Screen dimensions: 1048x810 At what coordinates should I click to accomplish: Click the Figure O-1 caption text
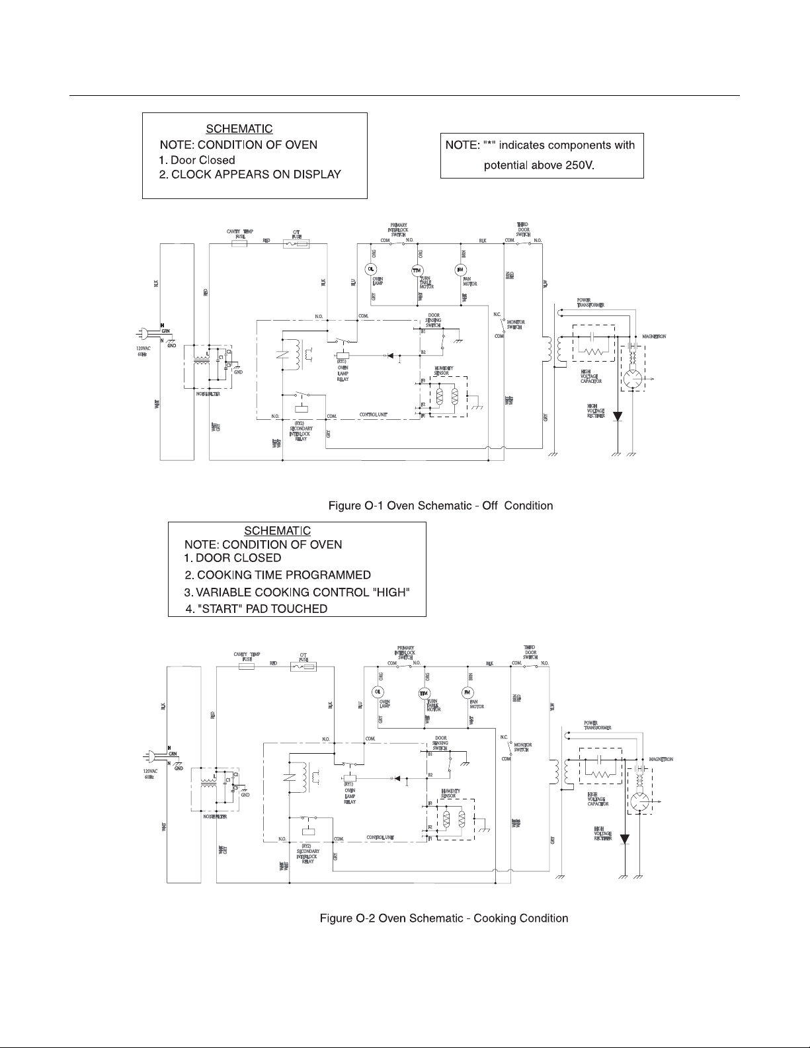coord(440,506)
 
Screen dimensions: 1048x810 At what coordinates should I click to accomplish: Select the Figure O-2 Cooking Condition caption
coord(444,918)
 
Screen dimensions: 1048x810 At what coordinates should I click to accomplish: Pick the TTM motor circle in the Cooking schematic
coord(424,693)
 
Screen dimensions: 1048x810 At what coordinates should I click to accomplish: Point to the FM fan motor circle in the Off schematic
coord(460,269)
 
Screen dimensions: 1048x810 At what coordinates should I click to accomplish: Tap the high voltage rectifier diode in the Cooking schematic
coord(624,840)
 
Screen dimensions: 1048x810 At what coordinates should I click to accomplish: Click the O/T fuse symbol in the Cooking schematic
coord(304,668)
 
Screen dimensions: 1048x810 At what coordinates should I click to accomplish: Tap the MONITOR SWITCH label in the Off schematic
coord(516,325)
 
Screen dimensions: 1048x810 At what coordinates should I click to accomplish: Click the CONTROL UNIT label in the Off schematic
coord(373,415)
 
